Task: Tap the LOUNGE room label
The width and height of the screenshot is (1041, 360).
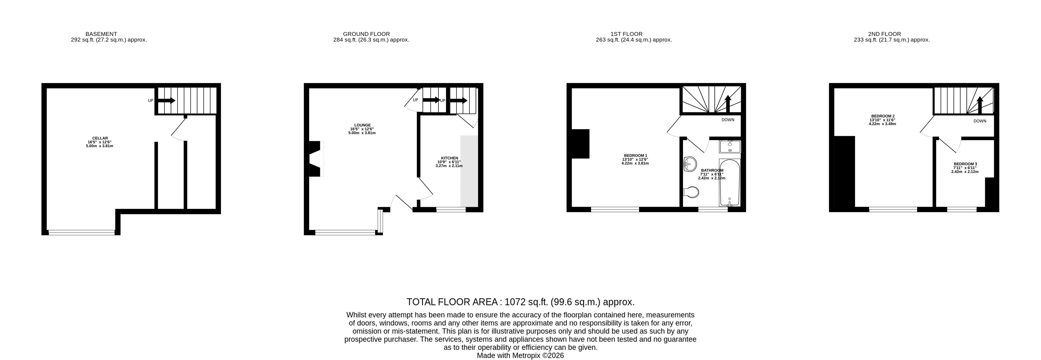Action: pos(362,125)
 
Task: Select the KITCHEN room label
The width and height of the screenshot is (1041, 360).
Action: pos(449,158)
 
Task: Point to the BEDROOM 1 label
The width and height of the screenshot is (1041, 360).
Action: pos(635,156)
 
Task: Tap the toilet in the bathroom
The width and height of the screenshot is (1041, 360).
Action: pos(691,192)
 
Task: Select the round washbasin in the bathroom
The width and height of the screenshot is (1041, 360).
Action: pos(690,164)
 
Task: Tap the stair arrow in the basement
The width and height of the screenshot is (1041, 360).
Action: pos(167,101)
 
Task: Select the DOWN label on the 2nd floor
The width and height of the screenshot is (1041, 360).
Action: pos(980,121)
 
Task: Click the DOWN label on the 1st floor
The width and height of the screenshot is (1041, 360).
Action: pos(728,120)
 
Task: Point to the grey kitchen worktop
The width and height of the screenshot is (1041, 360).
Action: pos(469,171)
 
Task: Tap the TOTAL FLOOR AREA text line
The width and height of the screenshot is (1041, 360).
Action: pos(521,302)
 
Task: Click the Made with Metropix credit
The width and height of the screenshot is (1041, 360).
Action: pos(521,356)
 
